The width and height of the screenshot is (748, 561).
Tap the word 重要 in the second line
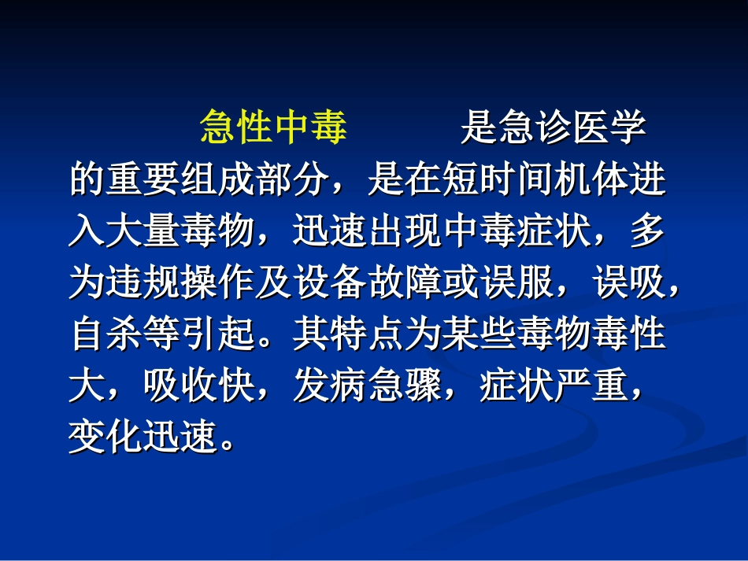143,181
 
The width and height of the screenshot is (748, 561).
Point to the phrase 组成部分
254,181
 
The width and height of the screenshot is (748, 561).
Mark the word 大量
143,232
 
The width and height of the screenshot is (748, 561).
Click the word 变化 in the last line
106,438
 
